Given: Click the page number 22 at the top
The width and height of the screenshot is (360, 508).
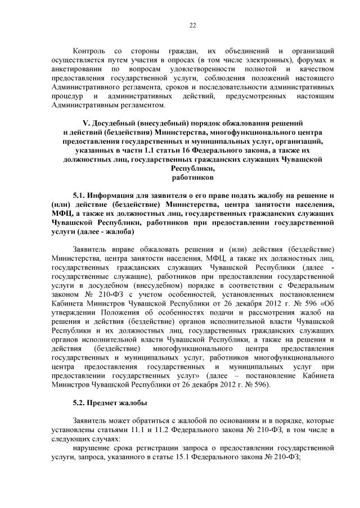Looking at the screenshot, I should (192, 25).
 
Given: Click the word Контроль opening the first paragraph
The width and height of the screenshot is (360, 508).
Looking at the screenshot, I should (91, 51).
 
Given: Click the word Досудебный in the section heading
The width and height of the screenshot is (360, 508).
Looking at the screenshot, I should (115, 123).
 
